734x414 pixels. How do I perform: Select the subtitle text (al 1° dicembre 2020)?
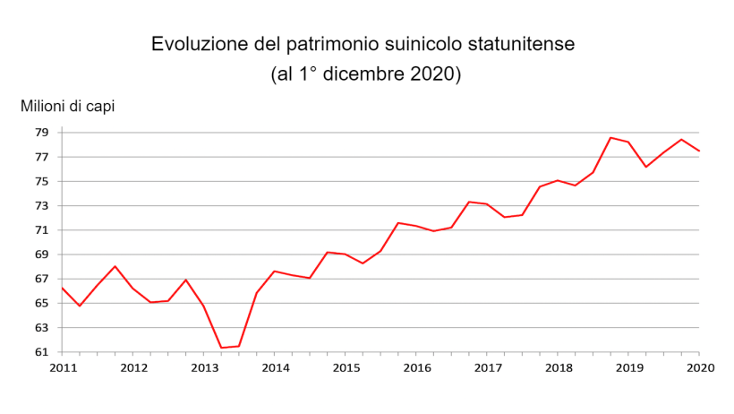(366, 74)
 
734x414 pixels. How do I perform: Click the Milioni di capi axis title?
(68, 107)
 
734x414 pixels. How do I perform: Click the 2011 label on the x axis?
(63, 368)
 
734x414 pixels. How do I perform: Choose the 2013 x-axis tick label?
(204, 368)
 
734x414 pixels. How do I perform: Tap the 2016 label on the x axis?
(416, 368)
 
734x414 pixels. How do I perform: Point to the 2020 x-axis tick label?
(699, 368)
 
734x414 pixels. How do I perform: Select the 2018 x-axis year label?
(558, 368)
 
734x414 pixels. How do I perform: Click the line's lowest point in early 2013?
(221, 348)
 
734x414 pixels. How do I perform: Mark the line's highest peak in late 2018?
(610, 138)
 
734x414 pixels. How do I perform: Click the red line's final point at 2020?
(699, 151)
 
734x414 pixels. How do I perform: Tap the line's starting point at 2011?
(63, 289)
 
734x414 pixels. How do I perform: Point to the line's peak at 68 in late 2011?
(115, 266)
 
